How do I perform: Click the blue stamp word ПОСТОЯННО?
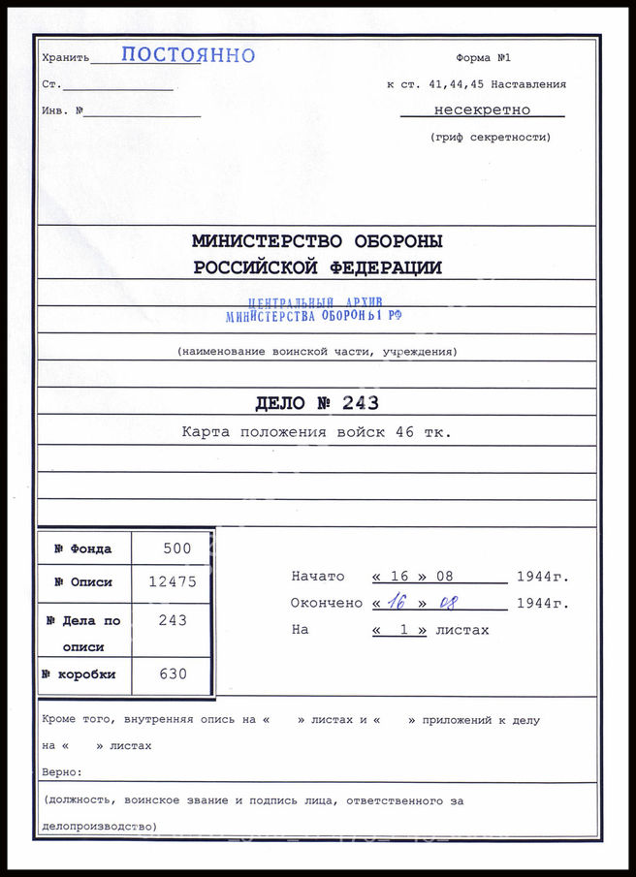(188, 55)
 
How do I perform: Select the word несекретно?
(482, 110)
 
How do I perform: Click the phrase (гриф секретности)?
(490, 138)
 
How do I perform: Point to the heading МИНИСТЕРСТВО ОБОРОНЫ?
(317, 241)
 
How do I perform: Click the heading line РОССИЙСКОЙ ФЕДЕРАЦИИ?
(317, 268)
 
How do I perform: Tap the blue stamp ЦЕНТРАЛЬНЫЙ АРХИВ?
(316, 303)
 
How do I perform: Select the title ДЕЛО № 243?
(317, 403)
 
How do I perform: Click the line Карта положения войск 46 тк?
(317, 432)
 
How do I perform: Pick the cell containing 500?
(177, 548)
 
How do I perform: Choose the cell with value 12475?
(172, 582)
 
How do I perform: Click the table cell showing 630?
(173, 674)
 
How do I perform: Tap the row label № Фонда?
(83, 549)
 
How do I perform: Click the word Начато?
(317, 577)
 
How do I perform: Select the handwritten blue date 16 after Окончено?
(397, 603)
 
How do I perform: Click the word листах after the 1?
(462, 630)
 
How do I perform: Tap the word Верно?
(62, 773)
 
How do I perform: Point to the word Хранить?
(66, 59)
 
